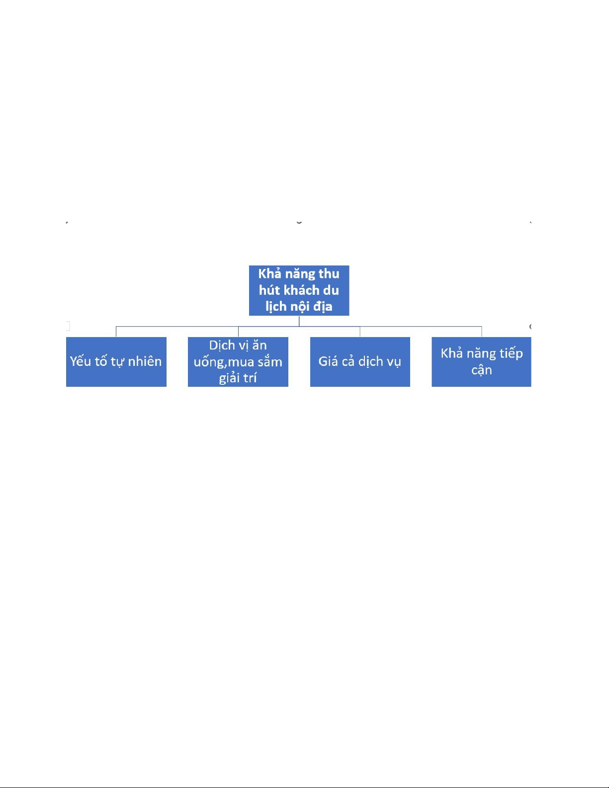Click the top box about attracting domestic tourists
tap(299, 290)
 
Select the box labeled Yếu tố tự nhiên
tap(116, 361)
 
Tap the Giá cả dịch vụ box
tap(360, 361)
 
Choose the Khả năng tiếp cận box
tap(481, 361)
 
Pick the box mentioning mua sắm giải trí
tap(238, 361)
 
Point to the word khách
tap(302, 290)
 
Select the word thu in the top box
tap(329, 274)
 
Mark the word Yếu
tap(80, 361)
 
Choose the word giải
tap(228, 378)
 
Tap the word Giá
tap(328, 361)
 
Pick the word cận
tap(481, 370)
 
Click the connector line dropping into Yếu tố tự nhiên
tap(116, 332)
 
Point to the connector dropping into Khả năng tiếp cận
tap(481, 332)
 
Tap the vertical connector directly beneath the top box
tap(299, 321)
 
